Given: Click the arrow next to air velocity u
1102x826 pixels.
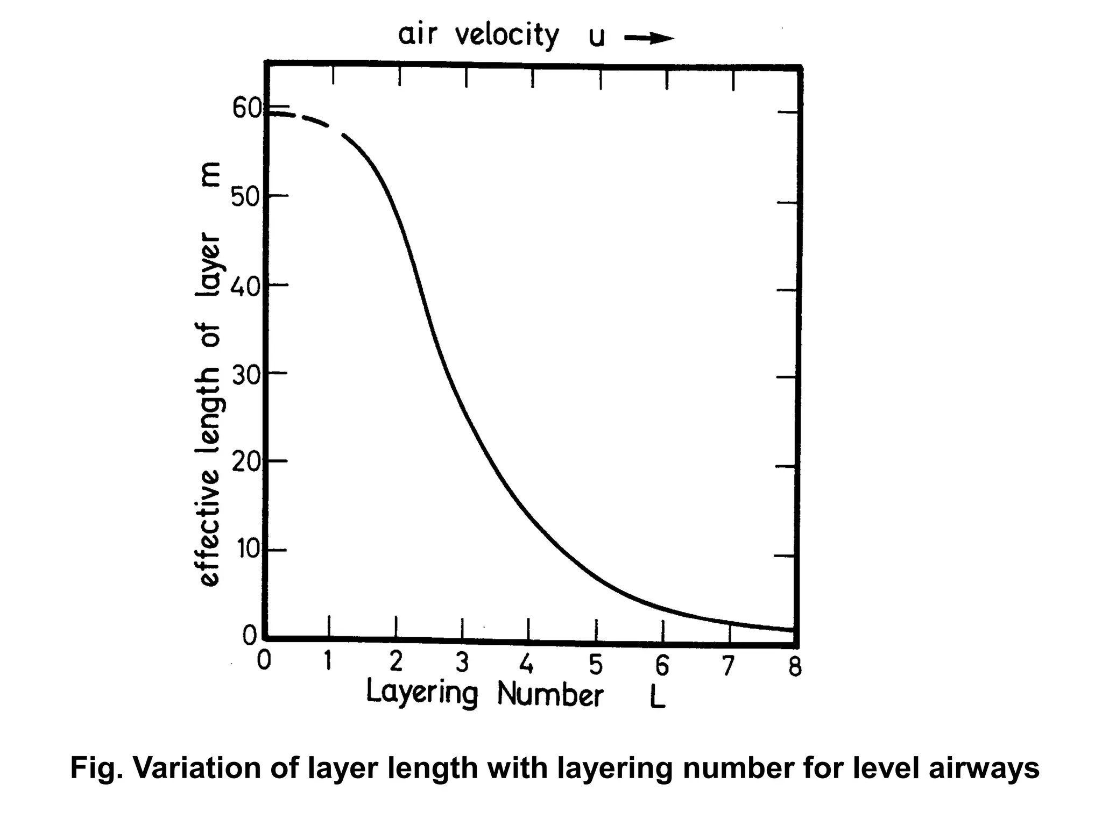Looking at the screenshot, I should (x=649, y=38).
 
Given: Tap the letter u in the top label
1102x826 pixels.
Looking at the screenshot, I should (x=596, y=38).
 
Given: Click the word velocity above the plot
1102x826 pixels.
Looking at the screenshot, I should (x=507, y=36).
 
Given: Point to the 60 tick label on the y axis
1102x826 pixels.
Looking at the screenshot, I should (x=246, y=109).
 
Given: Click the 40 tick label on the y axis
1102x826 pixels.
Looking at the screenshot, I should (x=245, y=286).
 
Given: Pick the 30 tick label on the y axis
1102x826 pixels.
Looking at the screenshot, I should (x=245, y=374).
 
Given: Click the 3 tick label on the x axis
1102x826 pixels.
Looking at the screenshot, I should (x=462, y=663).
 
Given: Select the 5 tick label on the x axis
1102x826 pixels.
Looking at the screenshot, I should (x=595, y=665).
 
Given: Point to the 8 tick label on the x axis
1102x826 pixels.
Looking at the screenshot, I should (x=795, y=667).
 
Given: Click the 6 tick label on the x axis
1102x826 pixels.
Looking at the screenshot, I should (x=662, y=666).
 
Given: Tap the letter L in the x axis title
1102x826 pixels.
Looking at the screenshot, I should (x=658, y=697).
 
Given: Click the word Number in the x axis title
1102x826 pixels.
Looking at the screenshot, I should (x=550, y=694).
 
